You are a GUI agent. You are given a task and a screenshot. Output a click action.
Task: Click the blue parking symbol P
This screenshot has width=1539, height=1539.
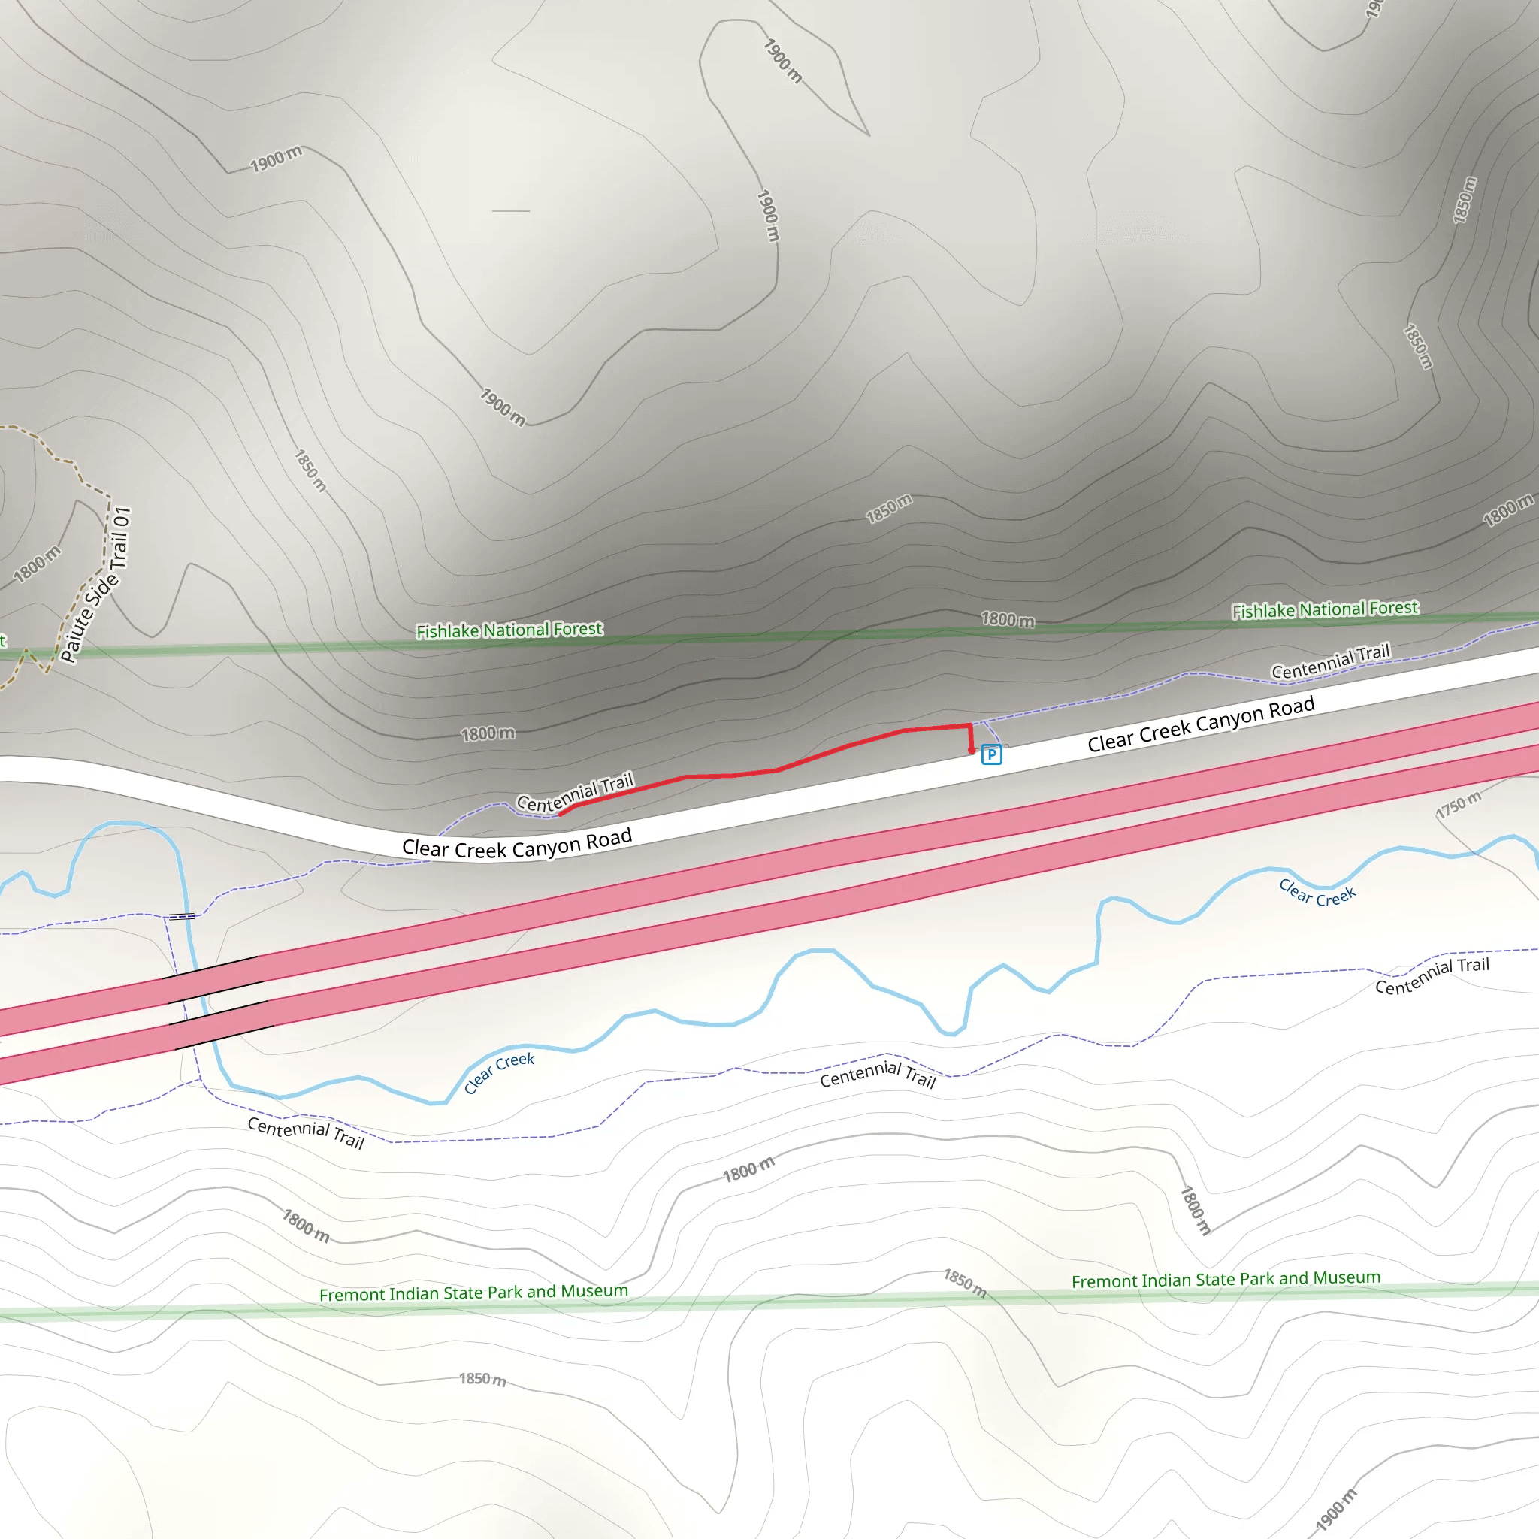click(991, 754)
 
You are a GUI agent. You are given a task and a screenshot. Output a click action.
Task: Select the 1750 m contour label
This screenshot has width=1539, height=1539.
click(1459, 805)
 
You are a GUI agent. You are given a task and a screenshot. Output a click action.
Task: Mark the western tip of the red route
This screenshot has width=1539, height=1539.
click(561, 813)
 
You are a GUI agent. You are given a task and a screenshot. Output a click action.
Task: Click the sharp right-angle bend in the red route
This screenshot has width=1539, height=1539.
click(969, 725)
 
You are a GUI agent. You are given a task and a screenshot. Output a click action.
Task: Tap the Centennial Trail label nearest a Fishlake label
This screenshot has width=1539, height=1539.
click(1329, 661)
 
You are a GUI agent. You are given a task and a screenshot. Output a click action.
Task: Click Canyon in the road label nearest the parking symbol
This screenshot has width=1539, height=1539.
click(1230, 720)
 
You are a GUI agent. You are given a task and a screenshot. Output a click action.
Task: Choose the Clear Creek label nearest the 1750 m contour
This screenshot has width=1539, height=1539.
click(1317, 893)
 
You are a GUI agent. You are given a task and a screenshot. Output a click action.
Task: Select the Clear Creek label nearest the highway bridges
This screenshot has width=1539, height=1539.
click(499, 1072)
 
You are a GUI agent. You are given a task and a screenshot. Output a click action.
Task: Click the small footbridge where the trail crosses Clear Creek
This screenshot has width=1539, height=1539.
click(182, 916)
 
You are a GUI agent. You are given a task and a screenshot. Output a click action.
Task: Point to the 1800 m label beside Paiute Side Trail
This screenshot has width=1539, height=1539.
click(37, 564)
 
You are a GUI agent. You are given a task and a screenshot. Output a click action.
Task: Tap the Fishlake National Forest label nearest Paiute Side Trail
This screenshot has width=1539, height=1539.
click(509, 630)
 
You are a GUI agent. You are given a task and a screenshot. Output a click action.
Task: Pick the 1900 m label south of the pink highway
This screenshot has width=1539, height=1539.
click(1335, 1510)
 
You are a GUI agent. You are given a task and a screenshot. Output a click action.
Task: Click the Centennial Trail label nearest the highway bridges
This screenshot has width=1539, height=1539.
click(306, 1132)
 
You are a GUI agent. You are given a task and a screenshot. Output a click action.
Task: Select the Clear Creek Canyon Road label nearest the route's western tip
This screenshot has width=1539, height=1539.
click(516, 845)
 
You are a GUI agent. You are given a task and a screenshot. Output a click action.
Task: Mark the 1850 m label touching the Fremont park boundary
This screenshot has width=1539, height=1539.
click(965, 1283)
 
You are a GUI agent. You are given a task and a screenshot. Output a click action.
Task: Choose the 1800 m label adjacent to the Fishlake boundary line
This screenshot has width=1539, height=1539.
click(1008, 619)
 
